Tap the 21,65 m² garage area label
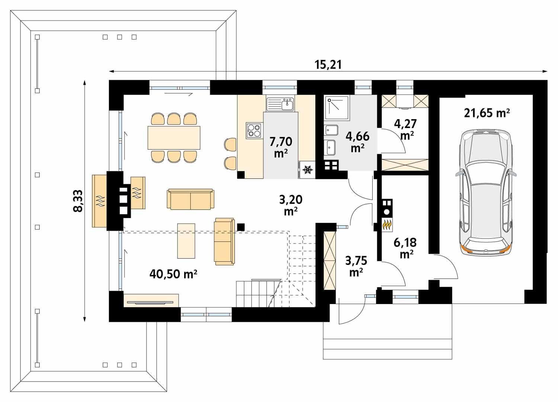[487, 113]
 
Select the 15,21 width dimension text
[328, 65]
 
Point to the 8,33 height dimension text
[78, 201]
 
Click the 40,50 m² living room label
[173, 274]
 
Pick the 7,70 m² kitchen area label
[280, 146]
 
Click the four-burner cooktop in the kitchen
[254, 130]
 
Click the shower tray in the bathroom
[337, 108]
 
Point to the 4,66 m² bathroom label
[357, 141]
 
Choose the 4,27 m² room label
[407, 128]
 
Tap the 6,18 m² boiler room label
[405, 248]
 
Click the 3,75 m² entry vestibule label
[356, 266]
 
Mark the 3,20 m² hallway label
[291, 205]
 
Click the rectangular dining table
[174, 137]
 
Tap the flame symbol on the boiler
[387, 225]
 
